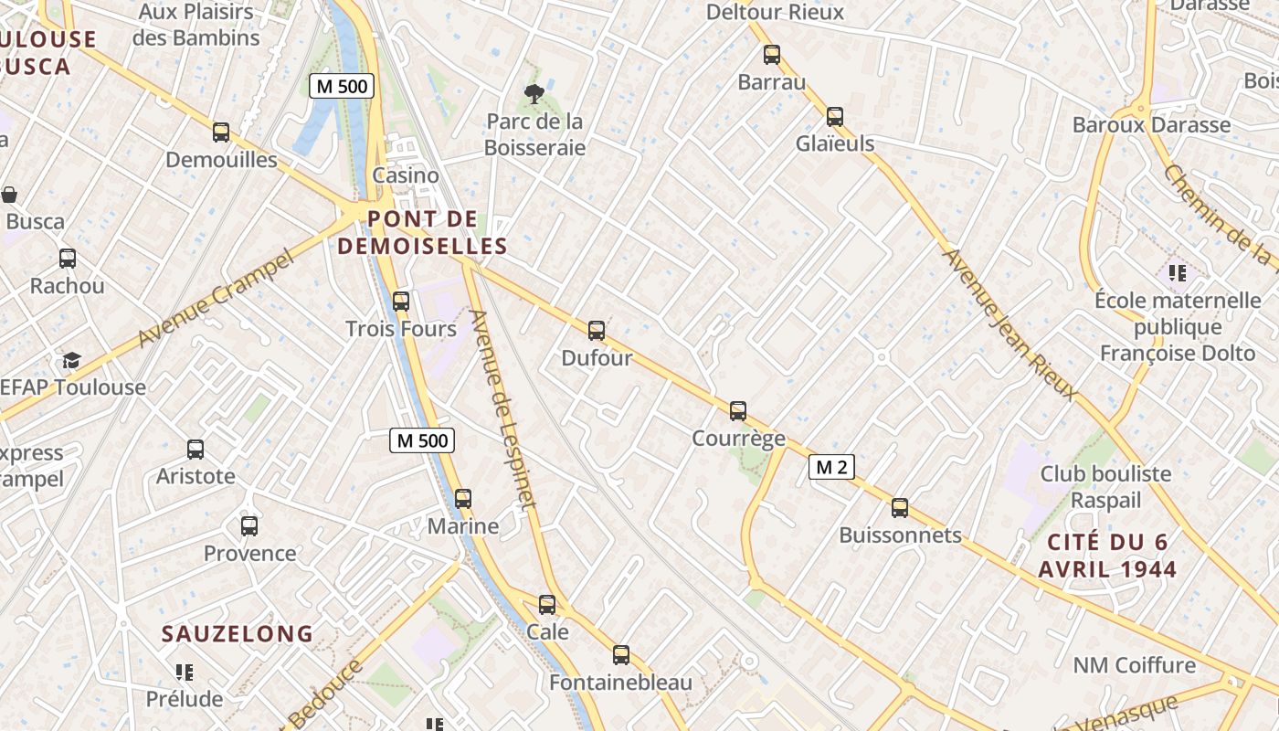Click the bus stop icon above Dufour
click(597, 331)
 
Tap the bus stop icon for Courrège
click(738, 411)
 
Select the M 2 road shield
click(831, 468)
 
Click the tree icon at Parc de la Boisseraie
click(534, 93)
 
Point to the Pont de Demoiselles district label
click(422, 232)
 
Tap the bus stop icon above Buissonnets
click(900, 508)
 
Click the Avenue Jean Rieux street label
click(1009, 324)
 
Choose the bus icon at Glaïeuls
click(835, 117)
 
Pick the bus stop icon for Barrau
click(772, 55)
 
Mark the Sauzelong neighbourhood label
click(238, 633)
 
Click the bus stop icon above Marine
click(463, 499)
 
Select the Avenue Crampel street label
click(217, 298)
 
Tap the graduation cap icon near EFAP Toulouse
click(71, 361)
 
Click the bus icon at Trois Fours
click(400, 302)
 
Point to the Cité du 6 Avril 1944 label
click(1107, 556)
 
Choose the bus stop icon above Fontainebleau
click(621, 655)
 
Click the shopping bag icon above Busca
click(10, 195)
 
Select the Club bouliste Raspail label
click(1105, 487)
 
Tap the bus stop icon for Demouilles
click(221, 132)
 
